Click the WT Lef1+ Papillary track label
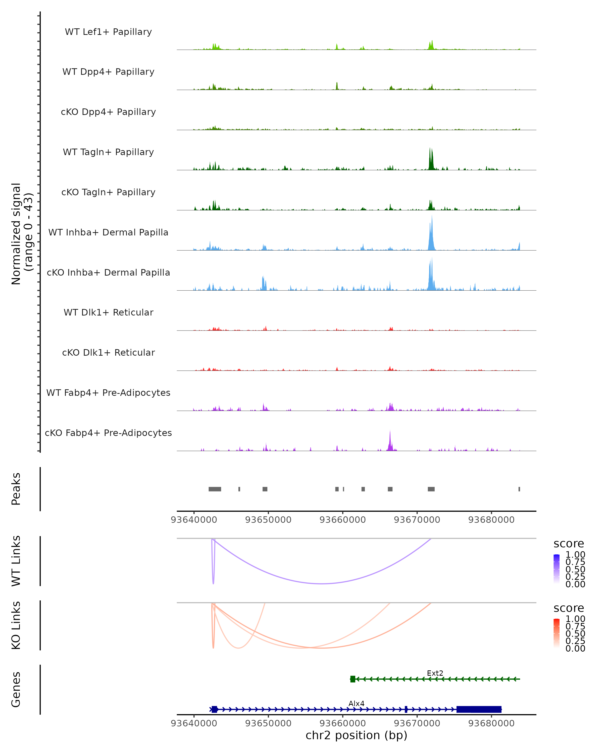[108, 32]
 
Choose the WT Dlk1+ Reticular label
[108, 312]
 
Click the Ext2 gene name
[435, 673]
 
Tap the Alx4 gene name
[356, 703]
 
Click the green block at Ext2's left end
[353, 679]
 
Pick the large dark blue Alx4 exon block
[479, 709]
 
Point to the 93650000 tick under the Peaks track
[268, 520]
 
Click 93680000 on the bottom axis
[491, 723]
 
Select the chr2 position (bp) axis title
[356, 735]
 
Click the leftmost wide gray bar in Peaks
[215, 489]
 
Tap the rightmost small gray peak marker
[519, 489]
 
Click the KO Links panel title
[16, 625]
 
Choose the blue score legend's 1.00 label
[575, 555]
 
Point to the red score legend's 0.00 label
[575, 648]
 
